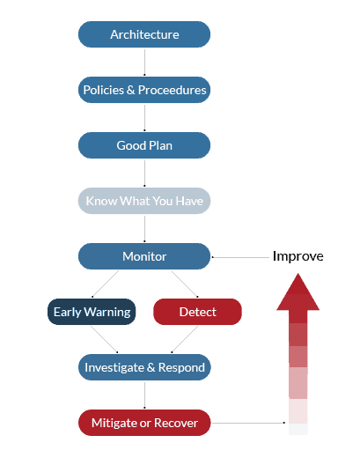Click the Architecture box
[x=144, y=34]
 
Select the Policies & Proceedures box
[x=144, y=90]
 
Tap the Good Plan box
[x=144, y=145]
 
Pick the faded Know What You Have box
[x=144, y=201]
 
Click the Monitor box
[x=144, y=256]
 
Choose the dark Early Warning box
[x=92, y=312]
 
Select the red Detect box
[x=198, y=312]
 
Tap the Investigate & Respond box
[x=144, y=367]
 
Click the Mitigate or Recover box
[x=144, y=423]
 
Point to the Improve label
[x=298, y=256]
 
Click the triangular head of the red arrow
[x=298, y=292]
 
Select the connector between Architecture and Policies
[x=144, y=62]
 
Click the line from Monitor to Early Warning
[x=106, y=284]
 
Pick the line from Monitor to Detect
[x=185, y=284]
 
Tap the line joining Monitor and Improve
[x=240, y=257]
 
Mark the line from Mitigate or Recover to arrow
[x=248, y=423]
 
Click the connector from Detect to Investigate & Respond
[x=185, y=339]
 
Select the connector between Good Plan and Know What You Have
[x=144, y=173]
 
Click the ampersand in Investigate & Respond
[x=151, y=367]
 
